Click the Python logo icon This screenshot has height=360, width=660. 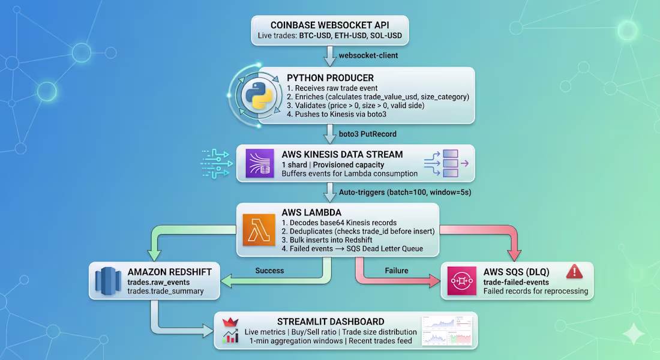click(259, 95)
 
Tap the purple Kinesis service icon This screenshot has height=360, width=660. click(260, 163)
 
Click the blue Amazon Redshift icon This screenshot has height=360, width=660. click(108, 281)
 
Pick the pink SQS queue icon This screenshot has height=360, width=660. click(462, 281)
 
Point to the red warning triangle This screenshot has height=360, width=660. click(574, 272)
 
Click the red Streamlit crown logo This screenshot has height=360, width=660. click(230, 323)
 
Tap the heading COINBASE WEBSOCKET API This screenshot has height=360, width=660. click(329, 25)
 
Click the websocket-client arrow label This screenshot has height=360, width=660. click(368, 55)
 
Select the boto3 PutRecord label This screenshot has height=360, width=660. click(367, 134)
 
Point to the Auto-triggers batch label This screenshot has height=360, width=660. click(405, 193)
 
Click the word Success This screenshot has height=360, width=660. click(269, 271)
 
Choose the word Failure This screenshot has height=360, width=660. click(397, 271)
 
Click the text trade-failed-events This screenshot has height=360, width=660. click(516, 282)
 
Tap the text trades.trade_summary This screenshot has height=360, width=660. click(166, 291)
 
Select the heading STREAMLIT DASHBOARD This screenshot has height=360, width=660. click(331, 322)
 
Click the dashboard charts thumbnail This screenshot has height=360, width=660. click(447, 331)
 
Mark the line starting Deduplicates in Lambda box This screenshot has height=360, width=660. click(358, 231)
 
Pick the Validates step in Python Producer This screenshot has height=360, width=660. click(356, 105)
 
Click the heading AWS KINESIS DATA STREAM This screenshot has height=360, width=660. click(342, 155)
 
